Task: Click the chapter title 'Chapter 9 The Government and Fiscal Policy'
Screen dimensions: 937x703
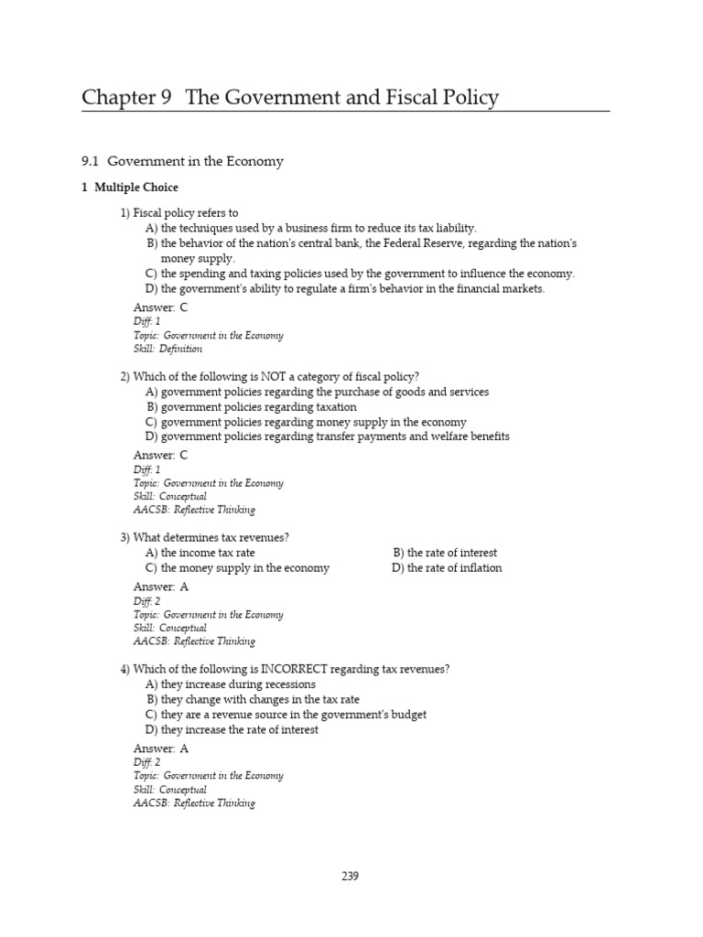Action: click(289, 97)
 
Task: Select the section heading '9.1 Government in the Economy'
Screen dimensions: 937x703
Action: click(182, 161)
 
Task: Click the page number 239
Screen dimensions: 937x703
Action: click(350, 876)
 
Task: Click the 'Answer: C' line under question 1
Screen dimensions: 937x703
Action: click(160, 307)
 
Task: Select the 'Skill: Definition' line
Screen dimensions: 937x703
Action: click(168, 349)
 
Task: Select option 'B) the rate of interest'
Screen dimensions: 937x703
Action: click(445, 553)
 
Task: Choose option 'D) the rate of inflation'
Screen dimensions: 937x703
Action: click(447, 568)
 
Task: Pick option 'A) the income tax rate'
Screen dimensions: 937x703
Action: click(200, 553)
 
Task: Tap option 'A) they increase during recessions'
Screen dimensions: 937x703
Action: click(230, 684)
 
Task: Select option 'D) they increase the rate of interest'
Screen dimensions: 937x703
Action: click(232, 730)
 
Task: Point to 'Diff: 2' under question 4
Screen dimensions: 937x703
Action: click(146, 762)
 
